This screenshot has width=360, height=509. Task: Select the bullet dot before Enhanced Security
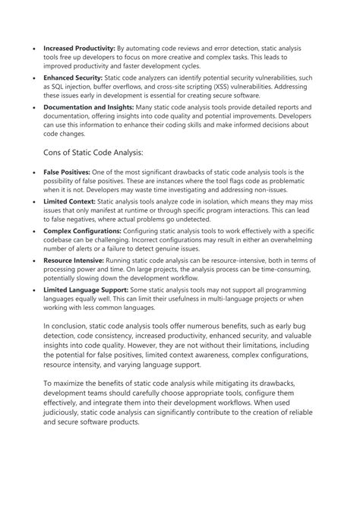tap(35, 78)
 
